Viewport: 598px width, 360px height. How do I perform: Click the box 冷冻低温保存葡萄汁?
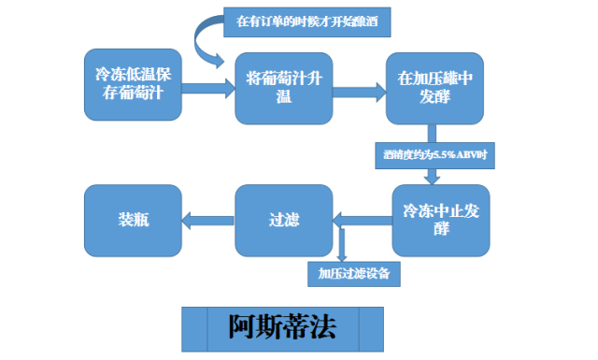pyautogui.click(x=132, y=80)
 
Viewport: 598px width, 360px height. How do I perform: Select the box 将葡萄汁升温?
pyautogui.click(x=282, y=87)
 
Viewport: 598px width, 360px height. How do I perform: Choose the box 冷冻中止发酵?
pyautogui.click(x=441, y=219)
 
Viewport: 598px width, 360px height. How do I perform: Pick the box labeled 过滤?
pyautogui.click(x=282, y=221)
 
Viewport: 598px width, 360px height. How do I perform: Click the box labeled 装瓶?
pyautogui.click(x=132, y=221)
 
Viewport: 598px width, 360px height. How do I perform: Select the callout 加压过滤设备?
pyautogui.click(x=352, y=274)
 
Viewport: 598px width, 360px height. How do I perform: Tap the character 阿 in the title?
pyautogui.click(x=242, y=326)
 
